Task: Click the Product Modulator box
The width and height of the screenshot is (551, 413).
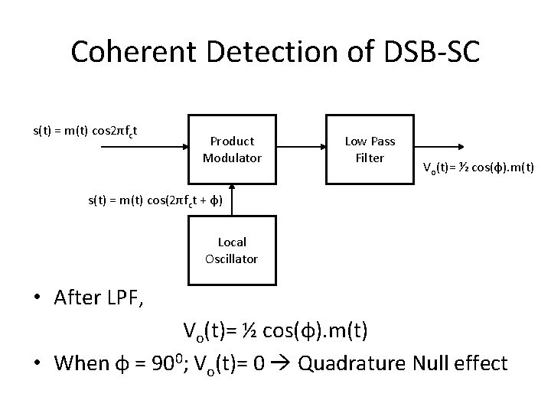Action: [x=232, y=150]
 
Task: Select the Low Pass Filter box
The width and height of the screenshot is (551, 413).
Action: [x=370, y=150]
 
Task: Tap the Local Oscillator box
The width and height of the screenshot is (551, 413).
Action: [x=232, y=250]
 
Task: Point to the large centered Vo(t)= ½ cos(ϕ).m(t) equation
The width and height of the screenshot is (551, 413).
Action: [x=275, y=331]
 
